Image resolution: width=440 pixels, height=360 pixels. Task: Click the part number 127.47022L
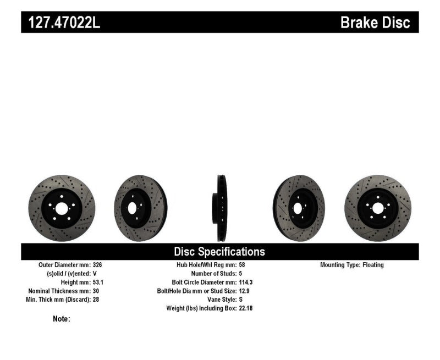[61, 23]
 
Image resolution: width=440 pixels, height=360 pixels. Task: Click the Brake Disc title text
[375, 23]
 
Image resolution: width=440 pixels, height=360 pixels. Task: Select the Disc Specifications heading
[219, 252]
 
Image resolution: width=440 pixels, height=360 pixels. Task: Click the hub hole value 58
[243, 265]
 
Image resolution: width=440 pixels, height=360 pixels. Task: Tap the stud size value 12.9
[245, 291]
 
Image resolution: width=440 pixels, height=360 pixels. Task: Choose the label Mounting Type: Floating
[352, 265]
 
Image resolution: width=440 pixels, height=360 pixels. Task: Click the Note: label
[62, 318]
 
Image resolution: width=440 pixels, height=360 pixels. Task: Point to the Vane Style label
[219, 300]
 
